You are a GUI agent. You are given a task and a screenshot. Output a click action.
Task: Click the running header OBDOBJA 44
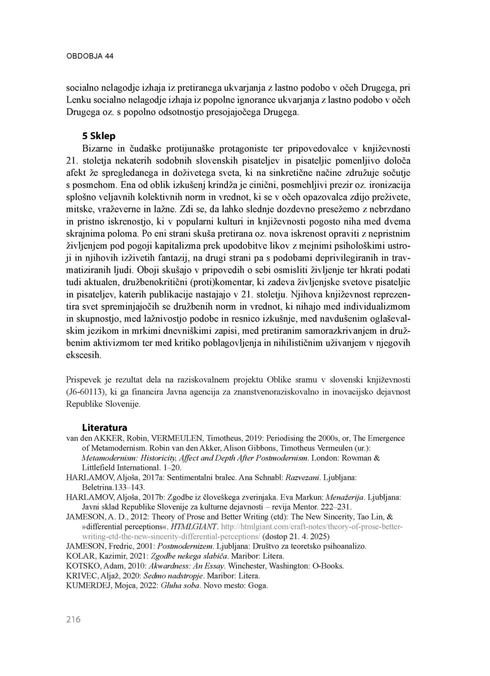pos(89,56)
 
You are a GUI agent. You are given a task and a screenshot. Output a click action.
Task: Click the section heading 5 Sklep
pos(99,136)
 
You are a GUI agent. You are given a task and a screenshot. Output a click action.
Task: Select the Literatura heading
pos(104,428)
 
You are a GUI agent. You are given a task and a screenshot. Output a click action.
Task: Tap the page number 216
pos(73,620)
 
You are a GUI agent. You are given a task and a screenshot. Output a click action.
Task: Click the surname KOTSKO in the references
pos(82,566)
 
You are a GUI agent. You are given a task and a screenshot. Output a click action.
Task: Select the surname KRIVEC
pos(80,575)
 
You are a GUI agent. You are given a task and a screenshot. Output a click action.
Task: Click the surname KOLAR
pos(80,556)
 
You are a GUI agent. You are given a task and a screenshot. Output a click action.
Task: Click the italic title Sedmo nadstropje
pos(174,575)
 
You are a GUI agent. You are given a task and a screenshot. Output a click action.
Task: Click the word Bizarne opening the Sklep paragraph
pos(97,148)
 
